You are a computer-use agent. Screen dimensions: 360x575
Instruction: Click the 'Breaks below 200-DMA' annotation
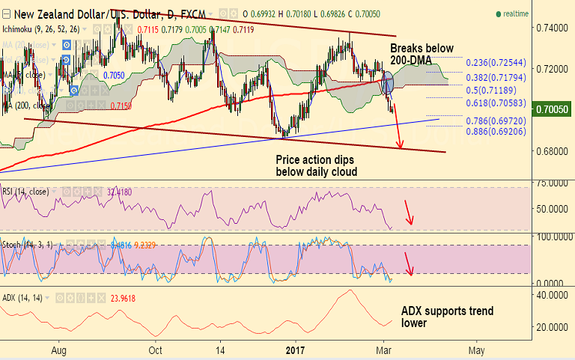click(x=422, y=53)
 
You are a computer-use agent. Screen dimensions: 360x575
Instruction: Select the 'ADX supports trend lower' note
click(x=447, y=317)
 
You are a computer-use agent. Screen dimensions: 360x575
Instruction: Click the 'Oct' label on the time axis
click(x=156, y=350)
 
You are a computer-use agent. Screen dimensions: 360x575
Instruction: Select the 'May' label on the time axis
click(x=475, y=350)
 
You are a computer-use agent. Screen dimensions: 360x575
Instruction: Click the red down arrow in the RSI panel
click(x=409, y=213)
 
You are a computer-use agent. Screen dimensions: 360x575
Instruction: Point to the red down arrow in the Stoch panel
click(x=409, y=263)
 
